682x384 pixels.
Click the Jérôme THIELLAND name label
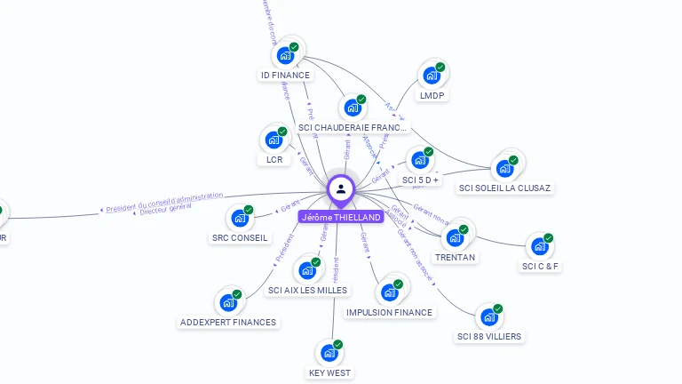[341, 217]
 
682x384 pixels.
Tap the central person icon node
[341, 188]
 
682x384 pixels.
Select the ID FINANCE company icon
[285, 55]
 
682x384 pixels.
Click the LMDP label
[432, 95]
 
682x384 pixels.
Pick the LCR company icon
[274, 140]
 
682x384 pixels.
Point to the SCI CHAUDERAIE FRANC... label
[353, 127]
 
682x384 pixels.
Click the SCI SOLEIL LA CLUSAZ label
[504, 188]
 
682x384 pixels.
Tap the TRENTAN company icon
[455, 237]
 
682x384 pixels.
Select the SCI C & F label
[541, 266]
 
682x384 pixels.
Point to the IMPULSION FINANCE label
[389, 312]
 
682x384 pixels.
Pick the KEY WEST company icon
[329, 353]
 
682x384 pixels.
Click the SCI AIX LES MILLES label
[308, 290]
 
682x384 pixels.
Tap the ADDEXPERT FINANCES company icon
[228, 302]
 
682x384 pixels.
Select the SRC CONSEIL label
[240, 237]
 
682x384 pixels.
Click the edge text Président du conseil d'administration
[164, 202]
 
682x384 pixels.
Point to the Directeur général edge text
[166, 211]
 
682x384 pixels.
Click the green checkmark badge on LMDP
[440, 68]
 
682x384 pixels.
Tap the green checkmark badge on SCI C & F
[549, 238]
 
